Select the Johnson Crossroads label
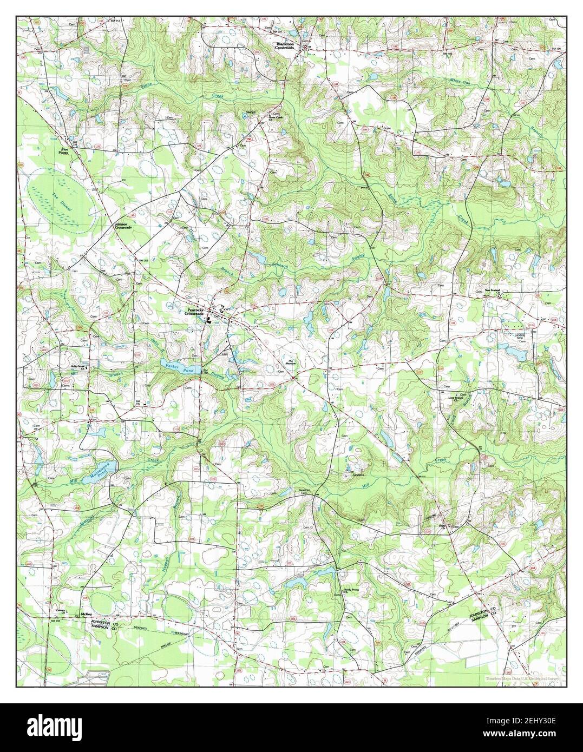pyautogui.click(x=122, y=226)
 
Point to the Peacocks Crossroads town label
pyautogui.click(x=193, y=312)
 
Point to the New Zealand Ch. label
pyautogui.click(x=495, y=292)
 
